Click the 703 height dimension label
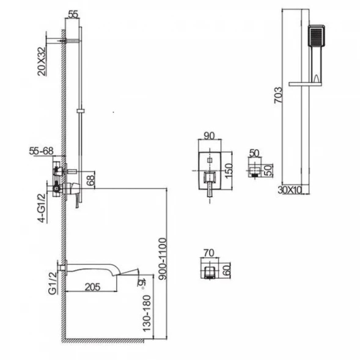[x=278, y=95]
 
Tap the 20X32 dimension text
[x=42, y=61]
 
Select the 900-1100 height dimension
[x=163, y=259]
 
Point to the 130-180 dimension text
[x=147, y=314]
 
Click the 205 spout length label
[x=92, y=287]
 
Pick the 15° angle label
[x=141, y=283]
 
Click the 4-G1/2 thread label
[x=42, y=208]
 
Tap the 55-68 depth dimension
[x=41, y=151]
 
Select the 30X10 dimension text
[x=290, y=190]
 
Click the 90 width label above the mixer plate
[x=209, y=136]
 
